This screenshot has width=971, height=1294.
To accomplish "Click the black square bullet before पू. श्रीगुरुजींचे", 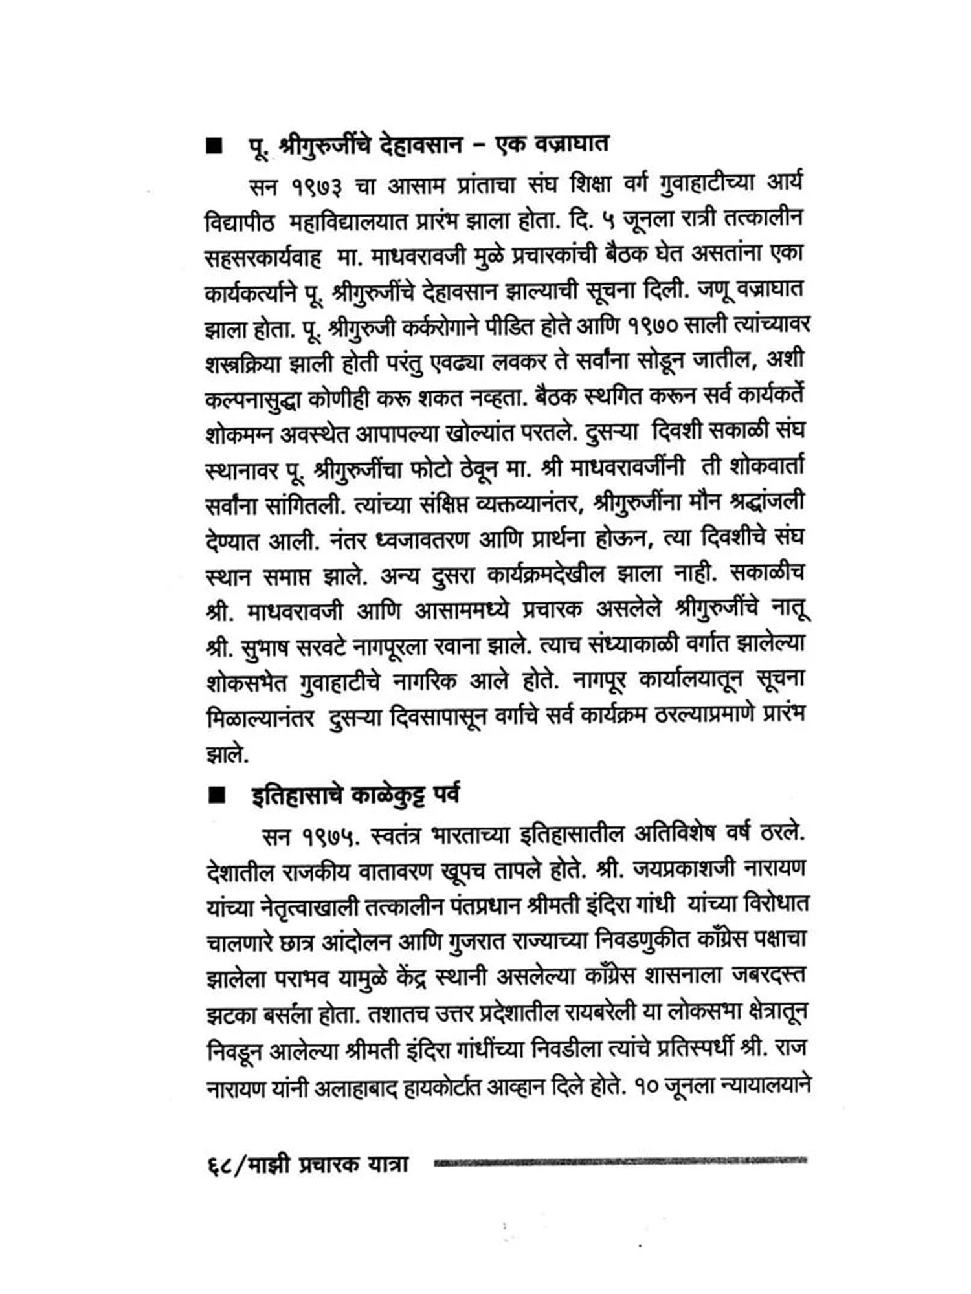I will pyautogui.click(x=214, y=147).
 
